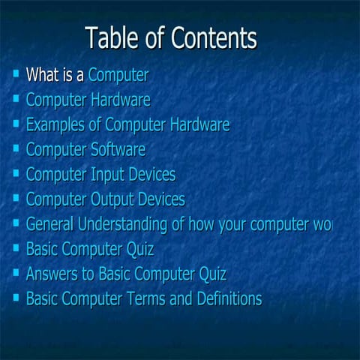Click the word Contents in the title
[x=214, y=37]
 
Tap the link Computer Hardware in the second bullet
[x=88, y=100]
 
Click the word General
[x=53, y=224]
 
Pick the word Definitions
[x=226, y=298]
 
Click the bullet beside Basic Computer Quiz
[x=16, y=247]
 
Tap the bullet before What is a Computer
[x=16, y=74]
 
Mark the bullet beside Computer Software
[x=16, y=148]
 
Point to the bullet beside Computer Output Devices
[x=16, y=198]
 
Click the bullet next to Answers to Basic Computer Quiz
[x=16, y=272]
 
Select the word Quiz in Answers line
[x=212, y=274]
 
